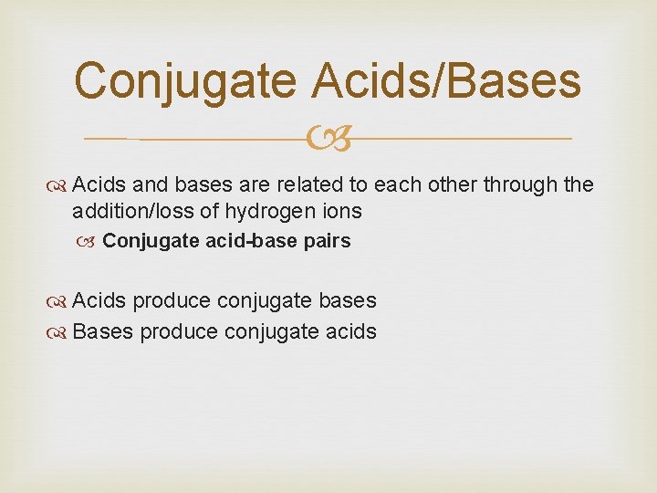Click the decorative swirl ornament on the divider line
click(328, 140)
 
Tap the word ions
click(342, 212)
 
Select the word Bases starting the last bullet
click(102, 332)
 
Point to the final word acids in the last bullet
click(350, 332)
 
